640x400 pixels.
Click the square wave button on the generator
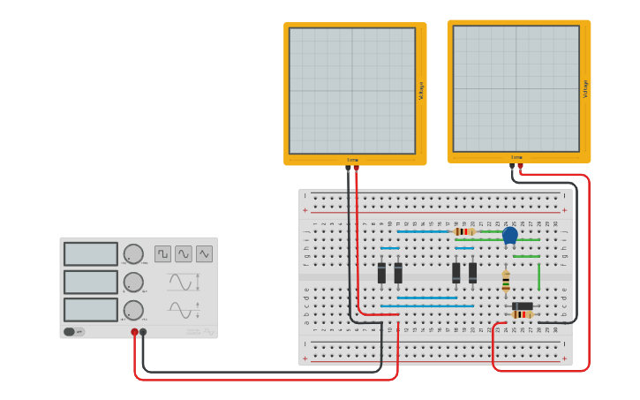click(163, 253)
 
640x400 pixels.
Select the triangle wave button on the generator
click(204, 253)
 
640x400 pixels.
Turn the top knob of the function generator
click(133, 254)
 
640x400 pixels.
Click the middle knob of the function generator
click(133, 282)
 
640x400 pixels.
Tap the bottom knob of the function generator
click(133, 310)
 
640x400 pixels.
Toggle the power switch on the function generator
click(74, 332)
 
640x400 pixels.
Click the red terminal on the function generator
click(135, 332)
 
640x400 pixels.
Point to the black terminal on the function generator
click(143, 332)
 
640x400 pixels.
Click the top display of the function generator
click(90, 254)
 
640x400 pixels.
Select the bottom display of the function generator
click(90, 310)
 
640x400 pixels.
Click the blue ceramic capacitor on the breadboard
click(509, 236)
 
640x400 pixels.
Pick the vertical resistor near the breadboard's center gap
click(506, 282)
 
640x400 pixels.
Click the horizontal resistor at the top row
click(464, 231)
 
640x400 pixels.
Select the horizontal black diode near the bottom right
click(523, 306)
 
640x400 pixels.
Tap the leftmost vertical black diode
click(381, 273)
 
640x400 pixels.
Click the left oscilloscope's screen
click(351, 91)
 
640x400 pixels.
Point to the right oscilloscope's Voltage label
click(585, 88)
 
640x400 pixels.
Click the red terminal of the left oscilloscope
click(356, 167)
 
